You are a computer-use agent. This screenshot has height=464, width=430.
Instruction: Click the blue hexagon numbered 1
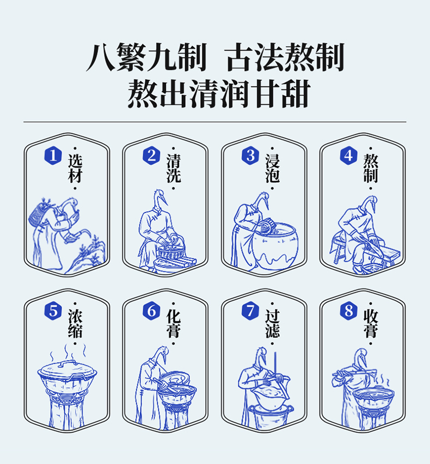[53, 156]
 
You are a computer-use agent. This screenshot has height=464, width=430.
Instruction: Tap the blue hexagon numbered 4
[348, 156]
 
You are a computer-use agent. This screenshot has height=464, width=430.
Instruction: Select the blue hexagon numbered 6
[152, 311]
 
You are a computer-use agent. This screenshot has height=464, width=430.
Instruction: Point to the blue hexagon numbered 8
[348, 311]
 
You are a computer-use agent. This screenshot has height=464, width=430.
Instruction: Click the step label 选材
[75, 168]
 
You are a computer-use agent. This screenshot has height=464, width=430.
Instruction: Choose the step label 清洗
[174, 168]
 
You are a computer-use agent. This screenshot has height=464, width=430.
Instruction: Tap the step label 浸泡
[273, 168]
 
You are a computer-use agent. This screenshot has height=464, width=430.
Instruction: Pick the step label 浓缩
[75, 324]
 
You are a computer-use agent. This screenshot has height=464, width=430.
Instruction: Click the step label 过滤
[273, 324]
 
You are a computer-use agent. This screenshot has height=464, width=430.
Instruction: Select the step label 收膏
[371, 324]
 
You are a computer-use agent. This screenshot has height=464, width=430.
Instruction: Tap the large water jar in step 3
[275, 246]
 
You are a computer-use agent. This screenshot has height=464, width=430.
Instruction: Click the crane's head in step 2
[160, 197]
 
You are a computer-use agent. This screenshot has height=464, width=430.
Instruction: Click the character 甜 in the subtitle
[296, 94]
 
